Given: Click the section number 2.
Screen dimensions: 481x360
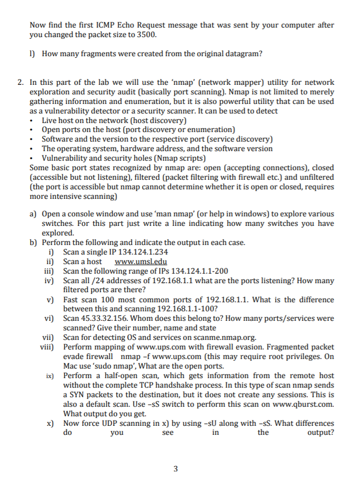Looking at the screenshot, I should point(20,82).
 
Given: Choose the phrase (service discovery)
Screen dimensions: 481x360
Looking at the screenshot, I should point(238,139).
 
